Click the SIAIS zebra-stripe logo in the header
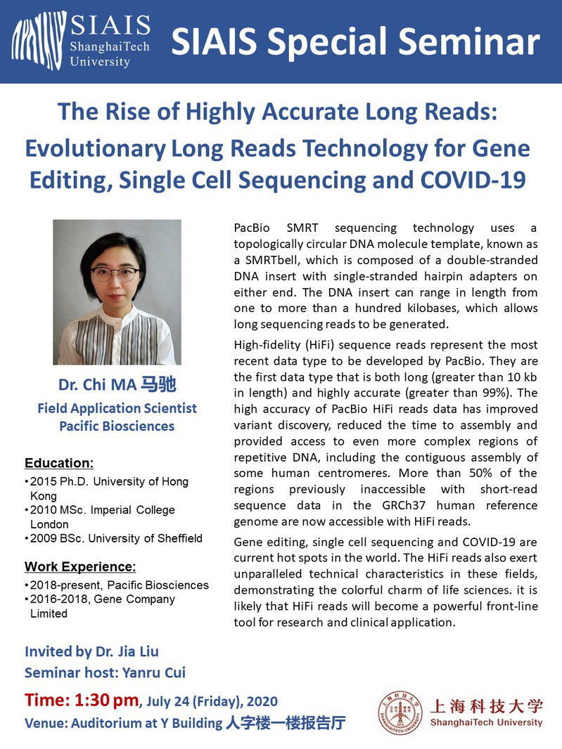point(39,40)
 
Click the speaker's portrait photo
point(117,292)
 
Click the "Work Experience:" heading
point(80,566)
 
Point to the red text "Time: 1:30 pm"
point(82,701)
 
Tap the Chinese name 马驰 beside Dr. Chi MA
point(158,384)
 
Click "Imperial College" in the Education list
point(134,510)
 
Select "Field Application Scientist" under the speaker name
point(117,408)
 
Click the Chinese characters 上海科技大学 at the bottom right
point(487,706)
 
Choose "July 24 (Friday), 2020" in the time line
point(212,701)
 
